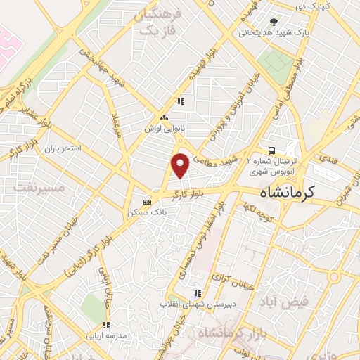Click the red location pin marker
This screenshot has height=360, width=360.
click(x=180, y=165)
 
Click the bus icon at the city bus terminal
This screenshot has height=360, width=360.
click(x=271, y=150)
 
